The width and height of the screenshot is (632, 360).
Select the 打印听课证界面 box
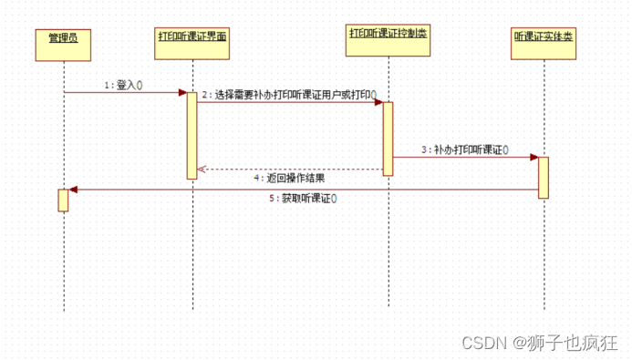point(192,41)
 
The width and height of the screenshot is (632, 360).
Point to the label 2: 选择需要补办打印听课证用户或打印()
point(289,94)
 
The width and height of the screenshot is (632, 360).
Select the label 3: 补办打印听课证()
point(465,149)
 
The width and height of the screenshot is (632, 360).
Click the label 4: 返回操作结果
point(289,178)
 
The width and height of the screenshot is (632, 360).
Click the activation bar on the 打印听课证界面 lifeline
point(192,134)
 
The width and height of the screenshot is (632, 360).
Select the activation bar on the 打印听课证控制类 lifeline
point(388,138)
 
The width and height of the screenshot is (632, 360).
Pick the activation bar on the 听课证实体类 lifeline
point(543,177)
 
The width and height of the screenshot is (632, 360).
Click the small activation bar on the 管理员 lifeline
point(63,200)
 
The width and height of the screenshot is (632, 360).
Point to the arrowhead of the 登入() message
point(182,92)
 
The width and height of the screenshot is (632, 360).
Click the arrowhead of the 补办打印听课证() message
point(534,157)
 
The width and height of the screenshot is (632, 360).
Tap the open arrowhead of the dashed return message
point(202,169)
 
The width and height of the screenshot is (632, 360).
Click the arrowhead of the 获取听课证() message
point(73,190)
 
